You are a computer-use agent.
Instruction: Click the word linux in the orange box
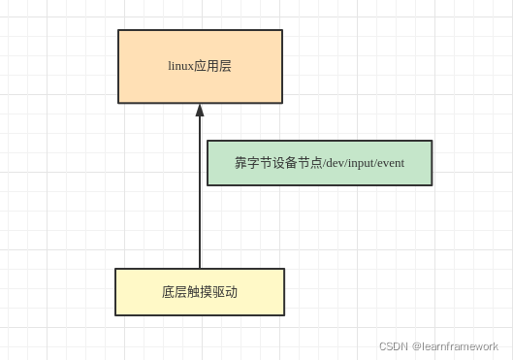pyautogui.click(x=181, y=66)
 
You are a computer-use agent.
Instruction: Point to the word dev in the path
pyautogui.click(x=336, y=163)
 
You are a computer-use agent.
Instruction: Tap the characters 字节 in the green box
pyautogui.click(x=259, y=163)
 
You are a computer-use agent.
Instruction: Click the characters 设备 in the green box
pyautogui.click(x=284, y=163)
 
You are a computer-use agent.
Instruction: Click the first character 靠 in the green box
pyautogui.click(x=240, y=163)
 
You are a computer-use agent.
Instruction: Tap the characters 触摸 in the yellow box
pyautogui.click(x=200, y=292)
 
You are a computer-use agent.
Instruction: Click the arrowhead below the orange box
pyautogui.click(x=200, y=111)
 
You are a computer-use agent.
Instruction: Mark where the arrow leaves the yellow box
pyautogui.click(x=200, y=268)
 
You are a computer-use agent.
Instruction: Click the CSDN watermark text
pyautogui.click(x=392, y=346)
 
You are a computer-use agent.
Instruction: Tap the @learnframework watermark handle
pyautogui.click(x=455, y=346)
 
